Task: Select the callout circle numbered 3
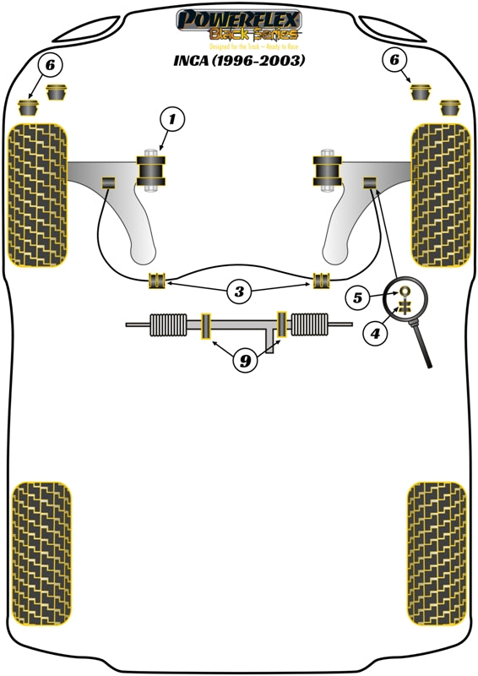click(240, 292)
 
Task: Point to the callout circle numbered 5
click(357, 297)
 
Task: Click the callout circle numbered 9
click(244, 362)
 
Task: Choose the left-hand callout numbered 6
click(50, 63)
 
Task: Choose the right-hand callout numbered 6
click(393, 59)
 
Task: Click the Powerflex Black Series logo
click(237, 25)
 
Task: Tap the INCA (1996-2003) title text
click(238, 61)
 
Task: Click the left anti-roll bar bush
click(155, 281)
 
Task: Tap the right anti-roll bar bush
click(322, 281)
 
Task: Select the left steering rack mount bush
click(204, 326)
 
